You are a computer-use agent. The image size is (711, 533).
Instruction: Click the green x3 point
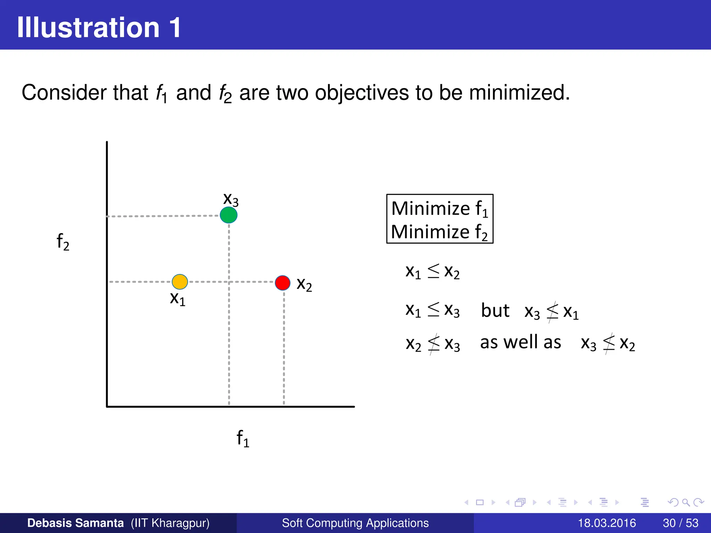point(228,215)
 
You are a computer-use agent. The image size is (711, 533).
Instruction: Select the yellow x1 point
point(180,281)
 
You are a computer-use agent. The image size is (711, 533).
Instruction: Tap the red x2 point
point(283,283)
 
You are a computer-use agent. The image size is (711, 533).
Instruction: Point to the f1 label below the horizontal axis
point(243,438)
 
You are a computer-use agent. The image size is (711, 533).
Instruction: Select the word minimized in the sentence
point(519,93)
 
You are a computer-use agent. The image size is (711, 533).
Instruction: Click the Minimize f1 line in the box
point(440,209)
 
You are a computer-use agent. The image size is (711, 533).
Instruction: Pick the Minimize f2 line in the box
point(440,232)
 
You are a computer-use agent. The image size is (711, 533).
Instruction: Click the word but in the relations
point(495,310)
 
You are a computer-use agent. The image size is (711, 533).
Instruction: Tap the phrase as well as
point(520,342)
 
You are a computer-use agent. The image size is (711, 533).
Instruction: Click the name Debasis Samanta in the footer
point(75,523)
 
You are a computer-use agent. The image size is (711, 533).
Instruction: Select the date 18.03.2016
point(607,523)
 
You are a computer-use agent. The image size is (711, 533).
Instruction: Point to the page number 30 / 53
point(680,523)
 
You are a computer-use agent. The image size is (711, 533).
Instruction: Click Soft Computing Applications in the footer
point(355,523)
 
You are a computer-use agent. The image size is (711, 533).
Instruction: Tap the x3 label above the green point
point(231,199)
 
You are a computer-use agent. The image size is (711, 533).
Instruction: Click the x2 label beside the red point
point(304,284)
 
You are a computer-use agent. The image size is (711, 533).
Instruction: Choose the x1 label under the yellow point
point(177,298)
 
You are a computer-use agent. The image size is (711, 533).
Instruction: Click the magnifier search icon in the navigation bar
point(686,502)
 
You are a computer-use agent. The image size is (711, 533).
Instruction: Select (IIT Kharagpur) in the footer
point(170,523)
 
